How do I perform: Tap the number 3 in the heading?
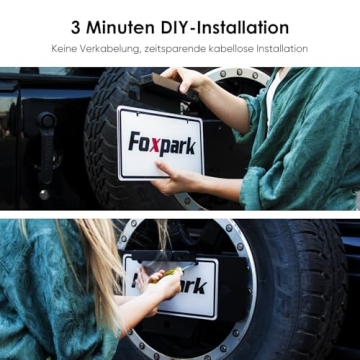click(77, 27)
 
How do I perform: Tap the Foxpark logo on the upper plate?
click(161, 143)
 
